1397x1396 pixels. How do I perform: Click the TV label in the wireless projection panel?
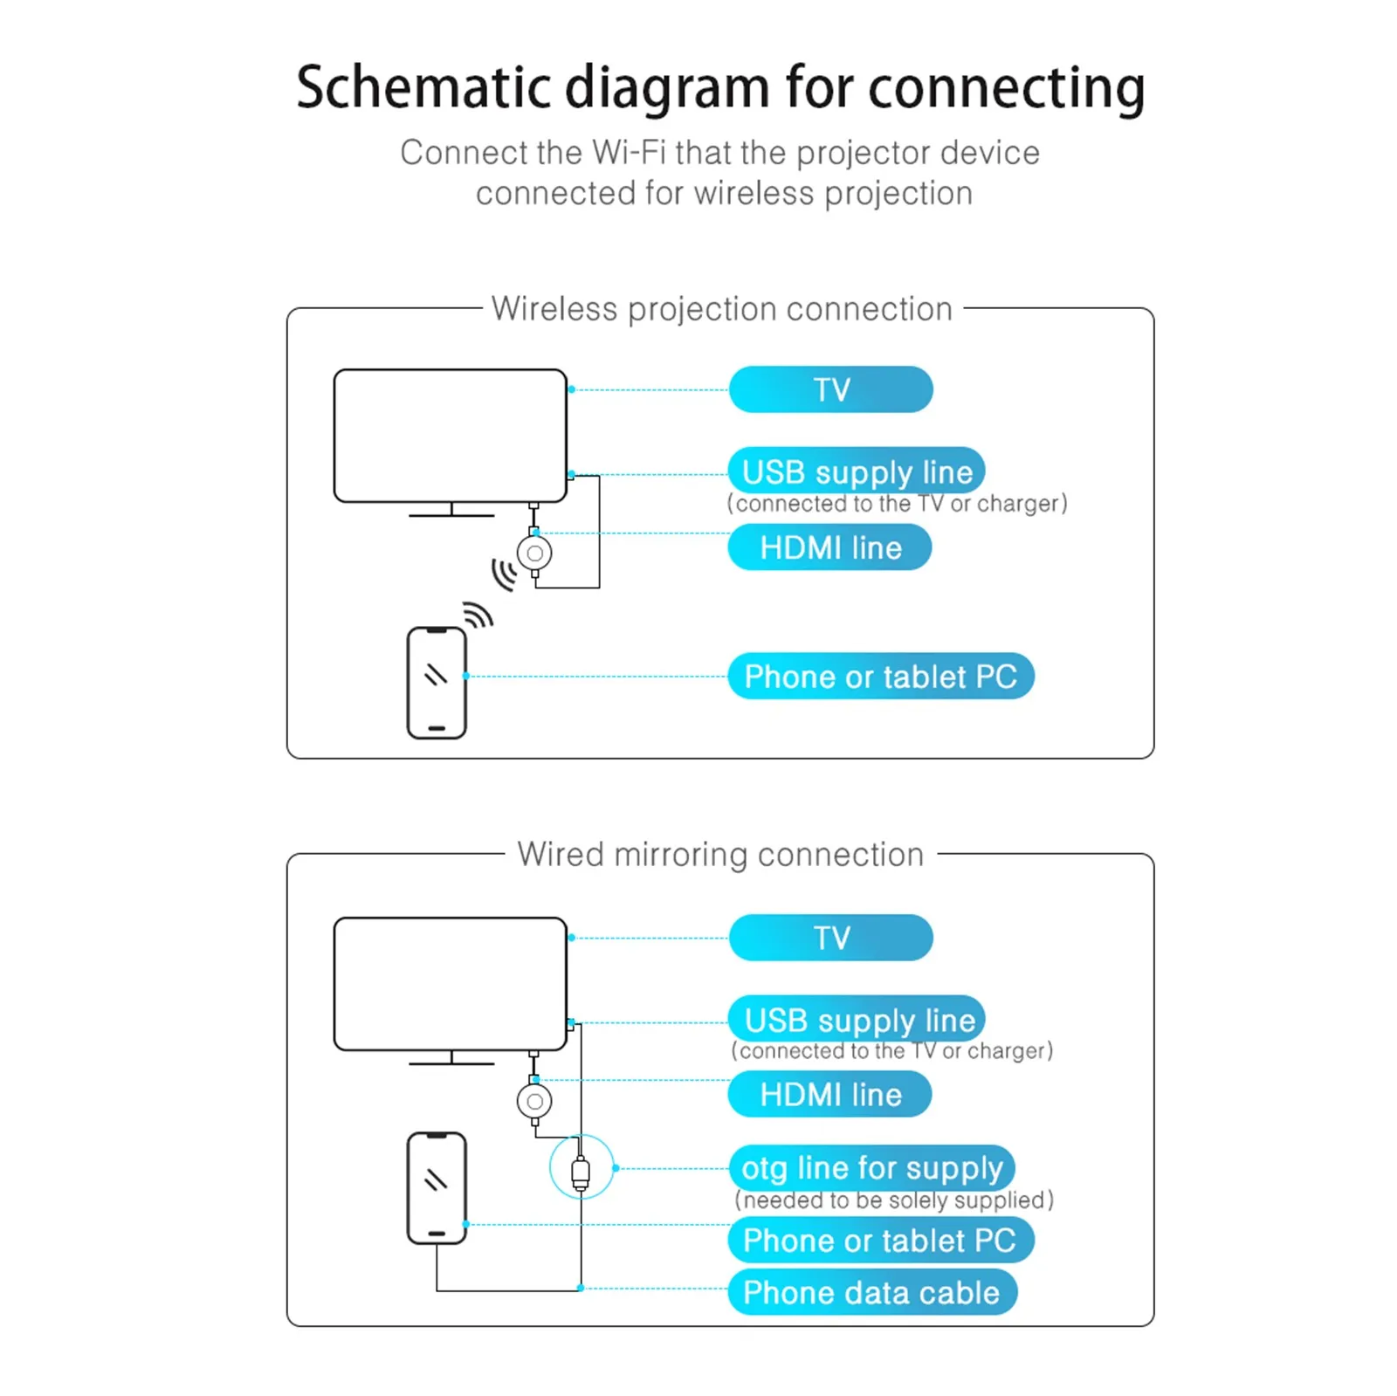830,389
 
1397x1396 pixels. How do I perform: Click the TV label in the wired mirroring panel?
830,938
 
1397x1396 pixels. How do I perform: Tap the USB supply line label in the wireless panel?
857,471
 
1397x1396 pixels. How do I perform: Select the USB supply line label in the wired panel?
857,1019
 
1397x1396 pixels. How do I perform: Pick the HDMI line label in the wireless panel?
829,547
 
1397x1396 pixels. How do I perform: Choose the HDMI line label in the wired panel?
829,1095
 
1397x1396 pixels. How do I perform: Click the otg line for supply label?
871,1167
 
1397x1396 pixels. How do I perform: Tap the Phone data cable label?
871,1292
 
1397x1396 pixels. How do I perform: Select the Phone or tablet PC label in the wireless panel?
880,677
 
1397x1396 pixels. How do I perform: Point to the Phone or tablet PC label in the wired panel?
880,1241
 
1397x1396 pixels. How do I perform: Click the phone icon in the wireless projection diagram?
437,683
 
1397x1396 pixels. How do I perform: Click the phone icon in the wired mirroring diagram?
437,1187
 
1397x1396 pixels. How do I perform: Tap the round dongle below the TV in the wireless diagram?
534,553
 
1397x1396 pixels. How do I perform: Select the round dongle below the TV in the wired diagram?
534,1101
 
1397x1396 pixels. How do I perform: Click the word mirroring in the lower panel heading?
680,855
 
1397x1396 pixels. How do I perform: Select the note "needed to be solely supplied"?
894,1200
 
